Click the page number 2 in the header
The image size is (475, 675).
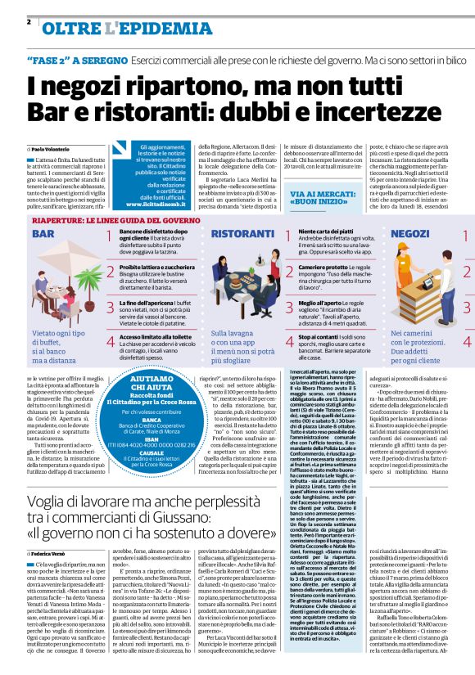coord(28,21)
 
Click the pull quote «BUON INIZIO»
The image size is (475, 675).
coord(323,200)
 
